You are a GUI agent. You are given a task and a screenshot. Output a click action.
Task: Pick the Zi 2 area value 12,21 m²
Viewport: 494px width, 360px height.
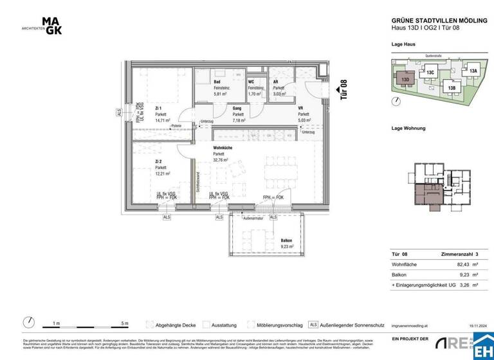click(162, 174)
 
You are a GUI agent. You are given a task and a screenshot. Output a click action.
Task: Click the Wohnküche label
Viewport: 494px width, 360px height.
click(223, 148)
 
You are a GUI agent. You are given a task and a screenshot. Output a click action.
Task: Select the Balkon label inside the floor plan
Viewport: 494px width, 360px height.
click(286, 240)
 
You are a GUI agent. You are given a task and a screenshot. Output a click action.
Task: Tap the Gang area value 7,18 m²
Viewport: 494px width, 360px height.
click(240, 120)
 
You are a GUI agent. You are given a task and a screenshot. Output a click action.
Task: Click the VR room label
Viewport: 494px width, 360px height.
click(301, 108)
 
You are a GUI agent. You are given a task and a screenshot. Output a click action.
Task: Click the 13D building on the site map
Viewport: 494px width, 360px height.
click(405, 80)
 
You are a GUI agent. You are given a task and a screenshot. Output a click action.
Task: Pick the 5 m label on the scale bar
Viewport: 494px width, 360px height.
click(125, 323)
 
